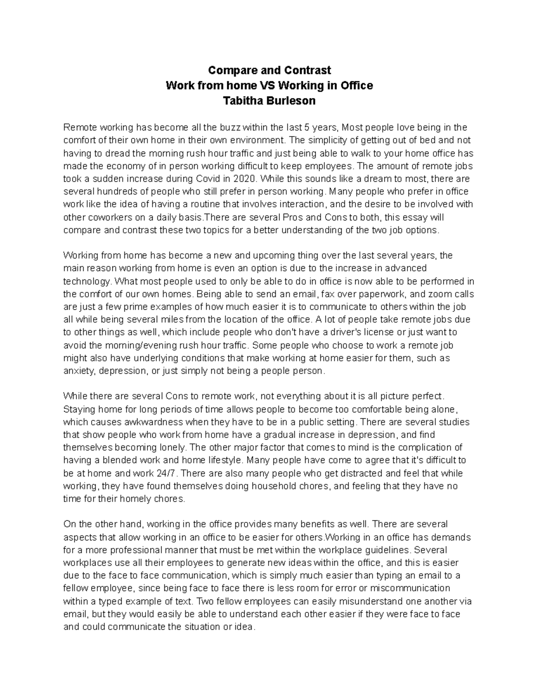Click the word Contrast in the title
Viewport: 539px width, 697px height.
(x=309, y=70)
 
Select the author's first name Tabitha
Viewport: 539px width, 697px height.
(x=246, y=101)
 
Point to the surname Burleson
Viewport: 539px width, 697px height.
(x=293, y=101)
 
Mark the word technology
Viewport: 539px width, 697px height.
(x=87, y=281)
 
